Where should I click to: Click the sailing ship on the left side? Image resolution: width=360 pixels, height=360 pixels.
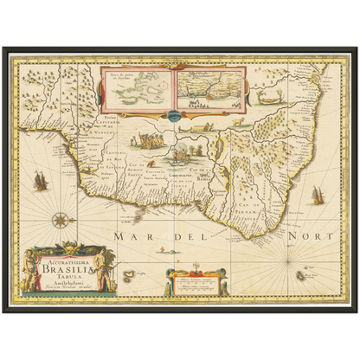[x=39, y=182]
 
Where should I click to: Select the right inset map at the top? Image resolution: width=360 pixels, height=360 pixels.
[x=210, y=90]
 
